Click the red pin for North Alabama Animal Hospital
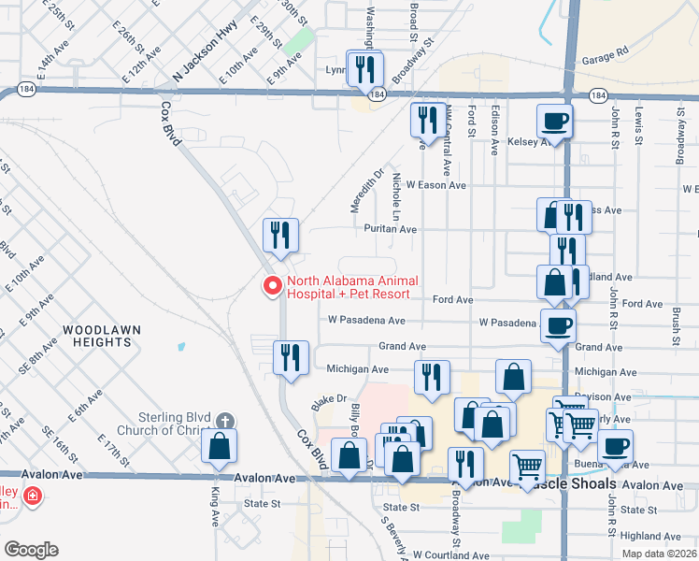pyautogui.click(x=273, y=286)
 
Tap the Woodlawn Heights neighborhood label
pyautogui.click(x=97, y=336)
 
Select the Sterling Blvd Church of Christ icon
pyautogui.click(x=225, y=421)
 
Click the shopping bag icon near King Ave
pyautogui.click(x=219, y=447)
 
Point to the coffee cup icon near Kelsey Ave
pyautogui.click(x=554, y=121)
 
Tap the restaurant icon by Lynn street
pyautogui.click(x=364, y=68)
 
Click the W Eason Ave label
pyautogui.click(x=435, y=185)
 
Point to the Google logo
pyautogui.click(x=32, y=549)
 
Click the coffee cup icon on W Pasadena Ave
pyautogui.click(x=558, y=325)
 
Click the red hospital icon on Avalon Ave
pyautogui.click(x=33, y=496)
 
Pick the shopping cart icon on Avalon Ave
pyautogui.click(x=527, y=467)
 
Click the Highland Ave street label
pyautogui.click(x=649, y=536)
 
